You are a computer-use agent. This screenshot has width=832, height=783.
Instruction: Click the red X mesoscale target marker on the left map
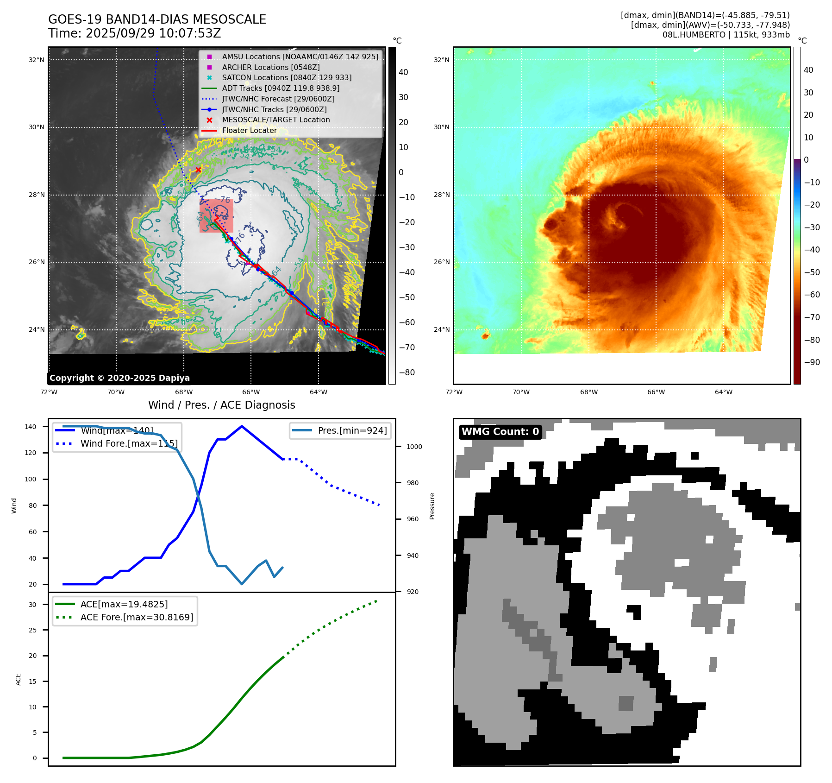tap(198, 170)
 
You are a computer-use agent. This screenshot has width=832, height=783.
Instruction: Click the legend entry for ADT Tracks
tap(281, 88)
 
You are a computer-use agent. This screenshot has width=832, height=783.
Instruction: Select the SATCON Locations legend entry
tap(286, 77)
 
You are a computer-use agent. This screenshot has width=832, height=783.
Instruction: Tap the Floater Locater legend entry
tap(249, 130)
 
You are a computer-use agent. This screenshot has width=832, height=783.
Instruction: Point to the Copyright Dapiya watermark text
tap(119, 378)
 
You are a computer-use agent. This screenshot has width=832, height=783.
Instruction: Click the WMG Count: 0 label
tap(500, 432)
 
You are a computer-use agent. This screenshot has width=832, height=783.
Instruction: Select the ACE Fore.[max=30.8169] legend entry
tap(137, 617)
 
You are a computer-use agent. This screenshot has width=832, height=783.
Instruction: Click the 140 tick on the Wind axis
tap(31, 427)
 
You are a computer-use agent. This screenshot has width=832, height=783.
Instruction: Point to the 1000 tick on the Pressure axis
tap(414, 447)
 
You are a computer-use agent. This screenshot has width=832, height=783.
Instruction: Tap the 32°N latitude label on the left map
tap(37, 60)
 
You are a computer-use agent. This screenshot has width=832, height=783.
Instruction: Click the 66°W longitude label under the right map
tap(656, 392)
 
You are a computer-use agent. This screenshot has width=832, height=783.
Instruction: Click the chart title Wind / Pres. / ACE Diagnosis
tap(221, 405)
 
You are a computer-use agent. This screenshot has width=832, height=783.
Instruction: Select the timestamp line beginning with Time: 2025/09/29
tap(134, 33)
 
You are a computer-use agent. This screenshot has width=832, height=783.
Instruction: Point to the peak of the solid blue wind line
tap(242, 426)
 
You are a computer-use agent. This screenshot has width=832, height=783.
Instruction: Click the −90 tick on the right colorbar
tap(812, 362)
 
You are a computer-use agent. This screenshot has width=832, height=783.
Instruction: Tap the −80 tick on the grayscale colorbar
tap(407, 373)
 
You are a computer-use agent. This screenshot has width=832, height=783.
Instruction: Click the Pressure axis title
tap(432, 506)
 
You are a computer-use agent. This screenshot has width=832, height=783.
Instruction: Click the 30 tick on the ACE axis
tap(32, 605)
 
